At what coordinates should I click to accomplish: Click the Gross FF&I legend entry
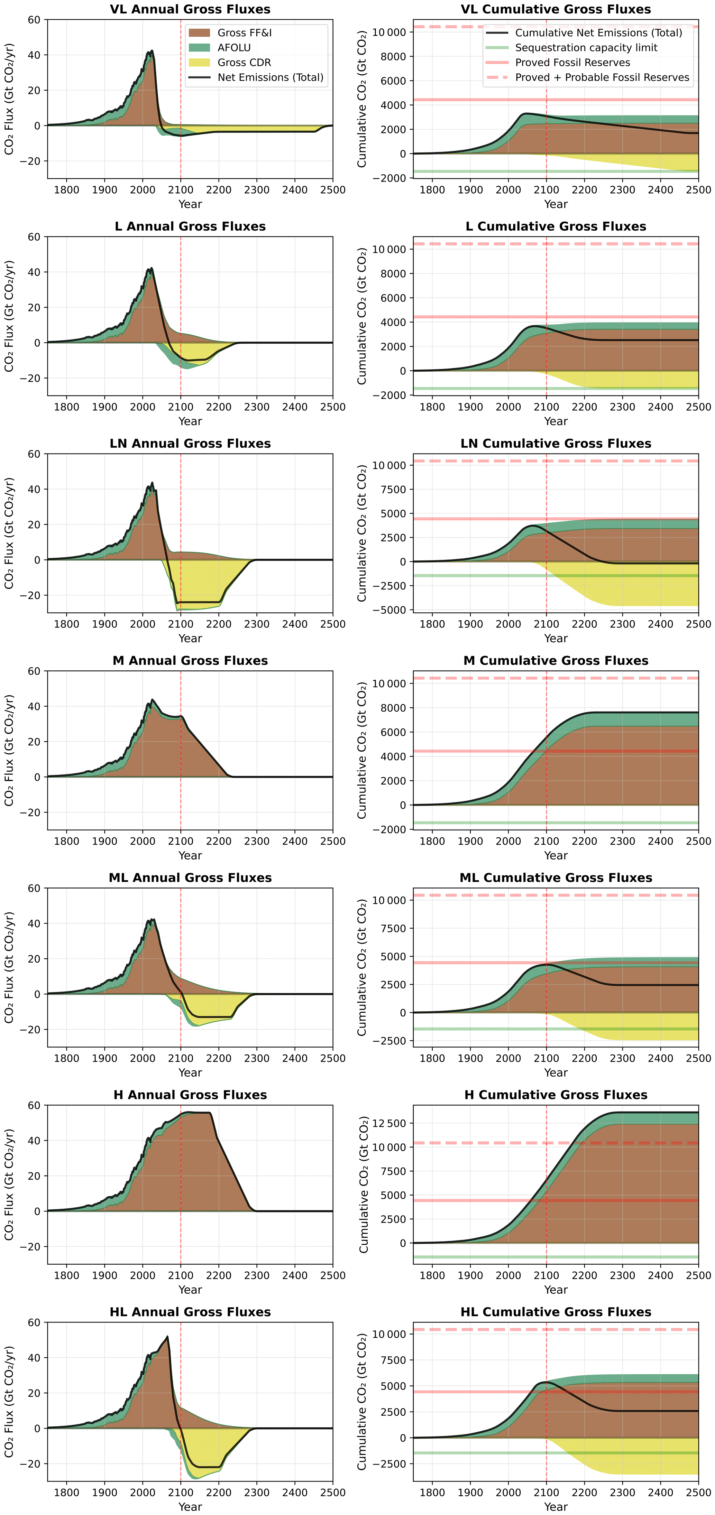[x=244, y=33]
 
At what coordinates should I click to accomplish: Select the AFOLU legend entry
[x=233, y=48]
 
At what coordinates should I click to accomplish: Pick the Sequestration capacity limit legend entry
[x=586, y=48]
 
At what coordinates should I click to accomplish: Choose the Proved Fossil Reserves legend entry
[x=572, y=62]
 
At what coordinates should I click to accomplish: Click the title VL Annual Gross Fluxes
[x=190, y=9]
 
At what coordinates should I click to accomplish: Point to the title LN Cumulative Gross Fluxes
[x=556, y=444]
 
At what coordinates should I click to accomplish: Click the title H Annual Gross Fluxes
[x=190, y=1095]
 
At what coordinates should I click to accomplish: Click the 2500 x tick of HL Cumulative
[x=698, y=1492]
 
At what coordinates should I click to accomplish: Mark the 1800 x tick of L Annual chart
[x=66, y=407]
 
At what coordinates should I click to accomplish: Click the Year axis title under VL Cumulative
[x=556, y=204]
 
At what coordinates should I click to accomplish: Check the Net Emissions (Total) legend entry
[x=270, y=77]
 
